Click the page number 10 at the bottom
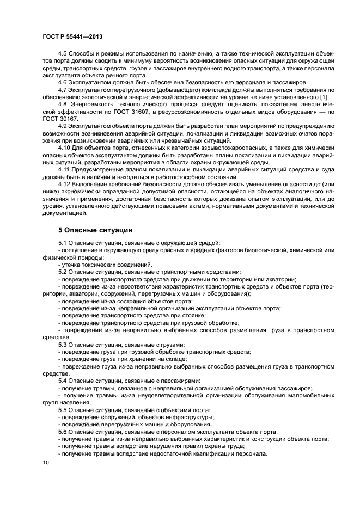[x=46, y=462]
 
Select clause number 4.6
[x=62, y=83]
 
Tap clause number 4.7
[x=62, y=90]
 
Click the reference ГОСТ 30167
[x=60, y=118]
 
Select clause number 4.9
[x=62, y=126]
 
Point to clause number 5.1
[x=62, y=242]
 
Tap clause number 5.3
[x=62, y=345]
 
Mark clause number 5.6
[x=62, y=431]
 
